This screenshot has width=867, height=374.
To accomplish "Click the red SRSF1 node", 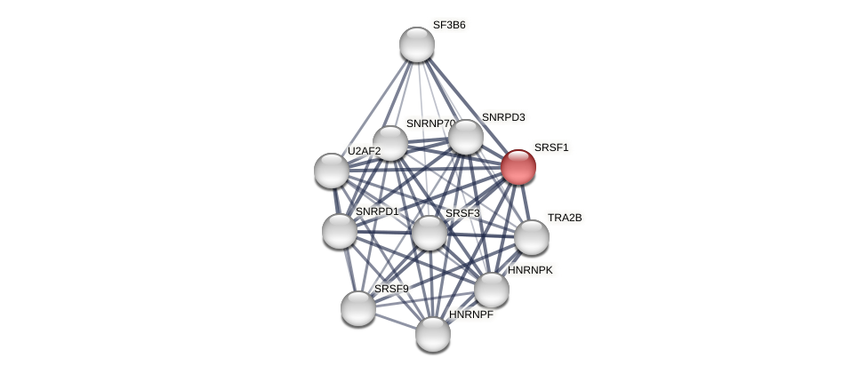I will tap(518, 167).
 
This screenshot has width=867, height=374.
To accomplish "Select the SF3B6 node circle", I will tap(417, 44).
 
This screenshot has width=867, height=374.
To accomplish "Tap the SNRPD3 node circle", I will tap(466, 137).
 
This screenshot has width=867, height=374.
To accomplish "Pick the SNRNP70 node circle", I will tap(389, 143).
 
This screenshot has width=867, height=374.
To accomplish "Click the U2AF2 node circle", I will tap(332, 171).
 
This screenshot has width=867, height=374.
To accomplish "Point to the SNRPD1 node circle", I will tap(340, 231).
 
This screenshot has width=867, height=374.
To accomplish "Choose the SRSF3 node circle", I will tap(429, 233).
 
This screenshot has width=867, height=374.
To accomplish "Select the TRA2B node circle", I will tap(532, 237).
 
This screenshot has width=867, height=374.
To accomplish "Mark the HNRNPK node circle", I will tap(492, 290).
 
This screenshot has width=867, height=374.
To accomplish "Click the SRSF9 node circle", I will tap(358, 308).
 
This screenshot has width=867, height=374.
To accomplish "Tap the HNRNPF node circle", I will tap(433, 334).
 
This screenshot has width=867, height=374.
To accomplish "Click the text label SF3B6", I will tap(449, 25).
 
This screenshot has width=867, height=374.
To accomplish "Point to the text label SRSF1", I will tap(551, 147).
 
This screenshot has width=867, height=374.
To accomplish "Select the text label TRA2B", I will tap(565, 218).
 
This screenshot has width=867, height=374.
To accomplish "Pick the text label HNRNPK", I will tap(530, 270).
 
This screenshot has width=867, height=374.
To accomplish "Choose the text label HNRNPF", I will tap(470, 314).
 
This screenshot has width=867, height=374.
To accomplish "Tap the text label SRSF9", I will tap(391, 289).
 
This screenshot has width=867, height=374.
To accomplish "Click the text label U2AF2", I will tap(364, 151).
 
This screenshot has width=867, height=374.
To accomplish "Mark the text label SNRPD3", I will tap(503, 117).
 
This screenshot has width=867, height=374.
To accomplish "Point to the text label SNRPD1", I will tap(377, 211).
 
